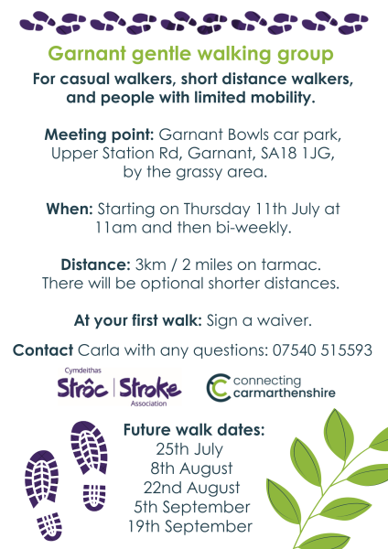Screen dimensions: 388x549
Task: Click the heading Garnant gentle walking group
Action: click(190, 55)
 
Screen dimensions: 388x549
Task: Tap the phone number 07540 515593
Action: click(322, 350)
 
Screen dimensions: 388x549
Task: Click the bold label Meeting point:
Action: click(100, 135)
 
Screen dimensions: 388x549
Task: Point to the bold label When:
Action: click(70, 209)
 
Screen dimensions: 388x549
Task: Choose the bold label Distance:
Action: click(95, 264)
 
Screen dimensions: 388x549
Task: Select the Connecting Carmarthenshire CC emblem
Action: click(219, 388)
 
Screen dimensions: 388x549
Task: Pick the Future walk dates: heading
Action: click(194, 430)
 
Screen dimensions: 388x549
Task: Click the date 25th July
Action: click(189, 449)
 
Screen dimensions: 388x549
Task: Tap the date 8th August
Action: click(191, 468)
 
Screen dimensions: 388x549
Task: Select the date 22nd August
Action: click(191, 488)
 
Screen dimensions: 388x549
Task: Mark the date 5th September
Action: click(192, 507)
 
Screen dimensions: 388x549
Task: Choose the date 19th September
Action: click(190, 527)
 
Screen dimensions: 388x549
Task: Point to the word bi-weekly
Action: click(253, 228)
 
